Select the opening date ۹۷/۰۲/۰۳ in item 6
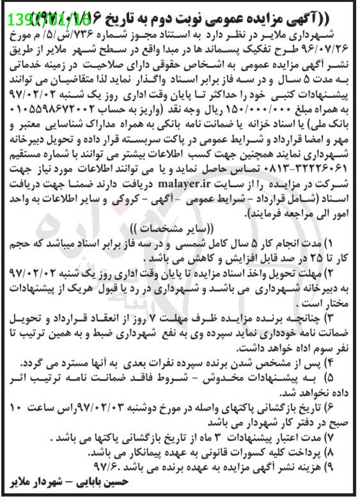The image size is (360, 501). [115, 408]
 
